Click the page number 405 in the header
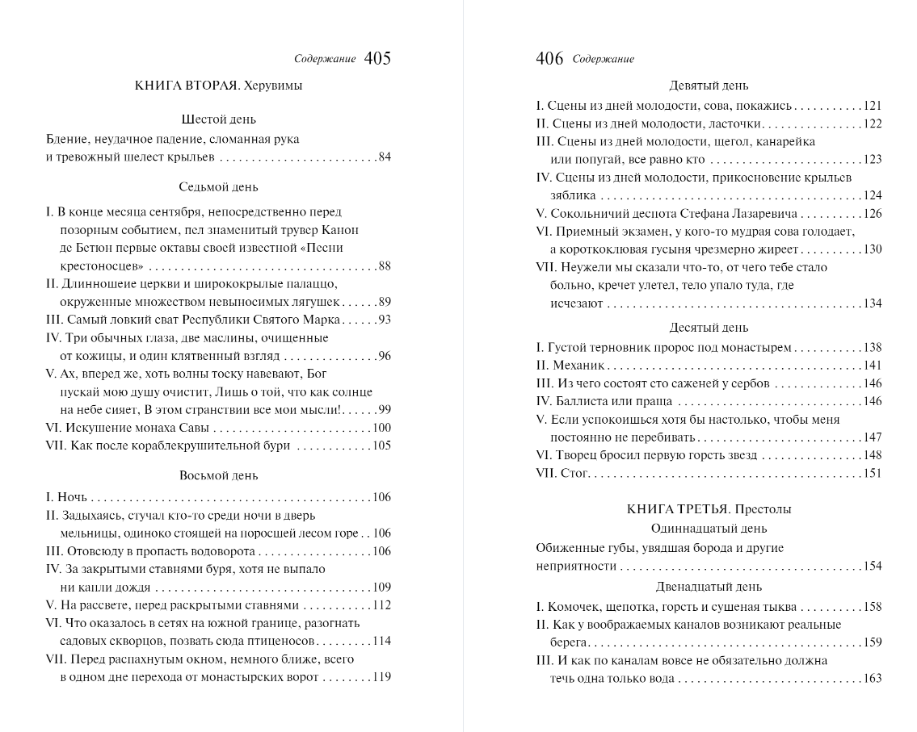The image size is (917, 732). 377,58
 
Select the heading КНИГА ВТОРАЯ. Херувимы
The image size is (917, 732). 218,86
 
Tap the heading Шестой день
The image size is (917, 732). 218,119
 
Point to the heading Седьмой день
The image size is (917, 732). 218,187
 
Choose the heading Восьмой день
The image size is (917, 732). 218,475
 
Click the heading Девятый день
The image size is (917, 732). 709,86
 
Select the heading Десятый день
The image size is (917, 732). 709,328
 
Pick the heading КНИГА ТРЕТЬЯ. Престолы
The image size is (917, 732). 709,509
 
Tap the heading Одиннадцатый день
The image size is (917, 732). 709,529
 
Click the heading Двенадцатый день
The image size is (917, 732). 709,587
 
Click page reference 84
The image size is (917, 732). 385,157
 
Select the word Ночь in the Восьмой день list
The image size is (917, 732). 72,497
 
